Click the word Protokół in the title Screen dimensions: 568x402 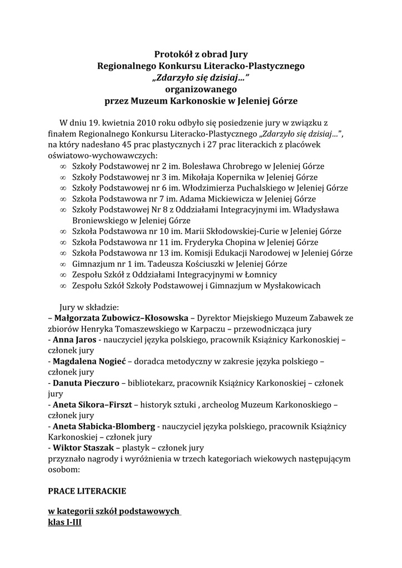172,54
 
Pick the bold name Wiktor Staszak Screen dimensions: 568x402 83,448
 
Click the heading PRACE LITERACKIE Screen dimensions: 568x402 87,491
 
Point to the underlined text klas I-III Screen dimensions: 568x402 65,522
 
